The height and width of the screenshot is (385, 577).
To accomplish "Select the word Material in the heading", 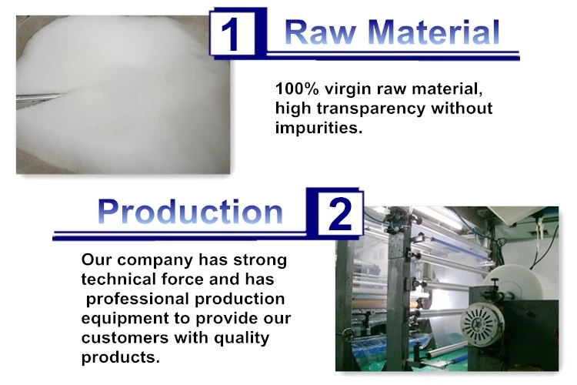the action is click(433, 32).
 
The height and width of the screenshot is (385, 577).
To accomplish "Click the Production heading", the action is click(190, 212).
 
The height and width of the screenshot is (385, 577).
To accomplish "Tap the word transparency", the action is click(371, 109).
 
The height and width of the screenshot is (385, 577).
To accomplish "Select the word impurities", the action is click(319, 129).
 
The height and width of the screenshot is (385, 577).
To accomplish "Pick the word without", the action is click(462, 109).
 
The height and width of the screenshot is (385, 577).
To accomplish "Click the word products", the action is click(121, 358).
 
